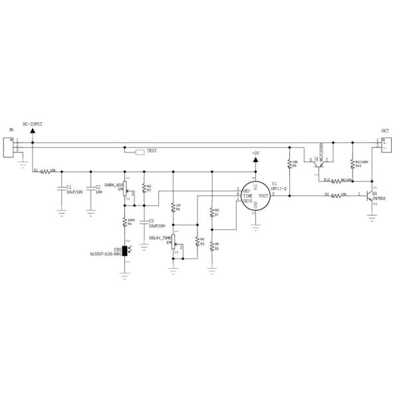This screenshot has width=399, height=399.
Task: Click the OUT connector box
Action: (x=382, y=143)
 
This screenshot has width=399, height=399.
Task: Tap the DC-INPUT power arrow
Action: (x=32, y=132)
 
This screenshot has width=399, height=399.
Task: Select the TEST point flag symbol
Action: (x=140, y=152)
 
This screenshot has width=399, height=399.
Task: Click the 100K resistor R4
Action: (x=125, y=222)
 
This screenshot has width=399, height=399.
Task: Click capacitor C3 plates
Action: (x=144, y=221)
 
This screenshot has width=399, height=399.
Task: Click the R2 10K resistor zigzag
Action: (x=339, y=195)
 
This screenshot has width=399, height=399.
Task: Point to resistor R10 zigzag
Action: (x=338, y=180)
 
